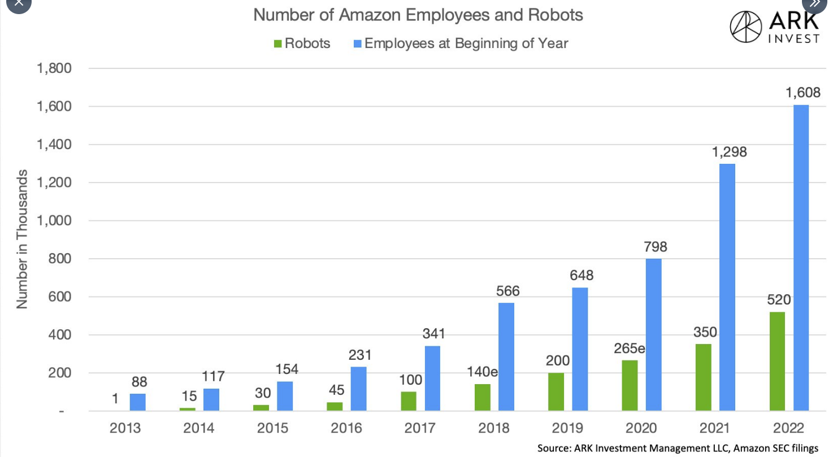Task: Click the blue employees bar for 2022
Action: click(x=801, y=258)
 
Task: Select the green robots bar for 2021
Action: click(x=704, y=377)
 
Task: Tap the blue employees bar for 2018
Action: click(x=506, y=356)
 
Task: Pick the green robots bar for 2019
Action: click(x=556, y=391)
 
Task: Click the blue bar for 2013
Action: click(x=137, y=402)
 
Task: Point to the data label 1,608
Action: click(x=802, y=92)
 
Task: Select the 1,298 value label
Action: click(x=728, y=151)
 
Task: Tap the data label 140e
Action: click(x=482, y=372)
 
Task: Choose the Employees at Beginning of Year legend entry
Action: click(x=461, y=43)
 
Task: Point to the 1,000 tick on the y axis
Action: click(x=54, y=221)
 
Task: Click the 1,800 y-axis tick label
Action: click(x=54, y=68)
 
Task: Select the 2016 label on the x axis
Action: click(x=346, y=428)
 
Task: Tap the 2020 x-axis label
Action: click(x=641, y=428)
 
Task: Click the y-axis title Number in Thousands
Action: click(x=22, y=239)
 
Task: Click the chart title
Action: click(x=418, y=15)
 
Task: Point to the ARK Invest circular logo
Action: click(x=746, y=27)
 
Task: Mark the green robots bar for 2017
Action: click(x=409, y=401)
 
